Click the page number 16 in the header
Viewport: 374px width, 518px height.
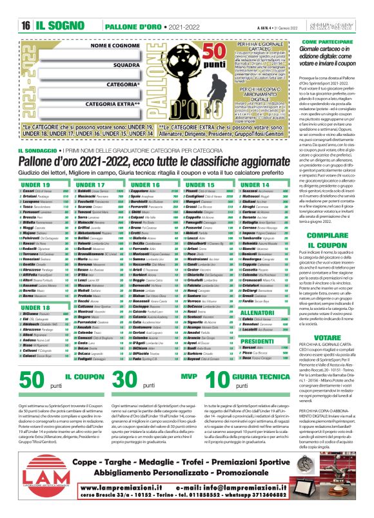25,26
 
